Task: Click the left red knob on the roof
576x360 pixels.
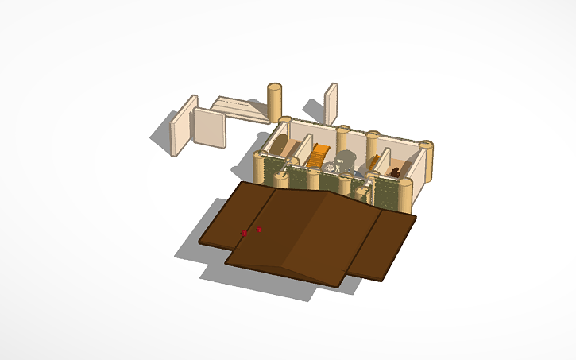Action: click(245, 233)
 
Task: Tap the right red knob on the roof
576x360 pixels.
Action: click(259, 230)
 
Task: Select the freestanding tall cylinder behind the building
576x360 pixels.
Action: click(275, 103)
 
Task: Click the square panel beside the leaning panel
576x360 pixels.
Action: click(211, 129)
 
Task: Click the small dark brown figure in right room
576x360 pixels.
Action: click(395, 171)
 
